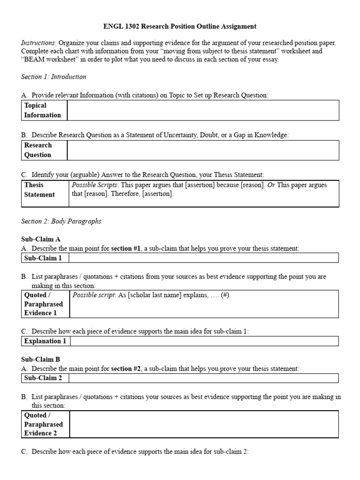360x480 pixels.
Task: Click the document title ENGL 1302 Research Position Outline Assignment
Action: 180,27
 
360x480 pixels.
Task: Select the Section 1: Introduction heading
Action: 53,76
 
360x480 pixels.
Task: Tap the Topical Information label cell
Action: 43,110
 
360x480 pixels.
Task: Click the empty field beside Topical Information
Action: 202,110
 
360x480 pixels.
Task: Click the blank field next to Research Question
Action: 202,150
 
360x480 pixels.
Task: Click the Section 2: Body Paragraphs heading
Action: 61,221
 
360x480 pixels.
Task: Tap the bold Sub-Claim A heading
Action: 41,239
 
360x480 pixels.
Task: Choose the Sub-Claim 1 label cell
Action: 44,258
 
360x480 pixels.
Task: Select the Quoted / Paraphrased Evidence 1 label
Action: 44,304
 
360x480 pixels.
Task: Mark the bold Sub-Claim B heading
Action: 41,360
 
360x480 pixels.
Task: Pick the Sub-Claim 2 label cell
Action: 44,378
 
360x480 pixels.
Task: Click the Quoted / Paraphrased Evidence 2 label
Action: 44,424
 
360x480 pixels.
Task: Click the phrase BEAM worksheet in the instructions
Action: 50,60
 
